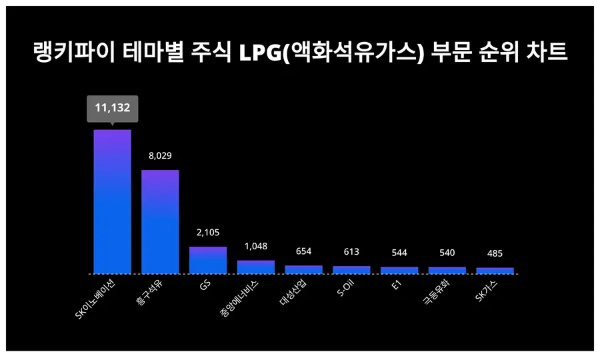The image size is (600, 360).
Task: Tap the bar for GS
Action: pyautogui.click(x=208, y=260)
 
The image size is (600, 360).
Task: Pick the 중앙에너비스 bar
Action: pyautogui.click(x=255, y=267)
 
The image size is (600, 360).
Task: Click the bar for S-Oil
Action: pyautogui.click(x=351, y=269)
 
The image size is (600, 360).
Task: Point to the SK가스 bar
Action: pyautogui.click(x=495, y=271)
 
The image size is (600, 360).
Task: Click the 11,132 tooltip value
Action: pyautogui.click(x=112, y=107)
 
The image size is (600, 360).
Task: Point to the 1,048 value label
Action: pyautogui.click(x=255, y=246)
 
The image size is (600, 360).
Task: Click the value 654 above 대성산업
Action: pyautogui.click(x=303, y=251)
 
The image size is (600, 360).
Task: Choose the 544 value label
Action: pyautogui.click(x=399, y=253)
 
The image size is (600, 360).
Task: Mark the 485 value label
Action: pyautogui.click(x=495, y=253)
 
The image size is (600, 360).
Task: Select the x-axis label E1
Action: pyautogui.click(x=395, y=285)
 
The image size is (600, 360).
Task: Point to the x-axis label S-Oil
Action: pyautogui.click(x=345, y=290)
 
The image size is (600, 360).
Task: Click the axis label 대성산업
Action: pyautogui.click(x=294, y=294)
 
